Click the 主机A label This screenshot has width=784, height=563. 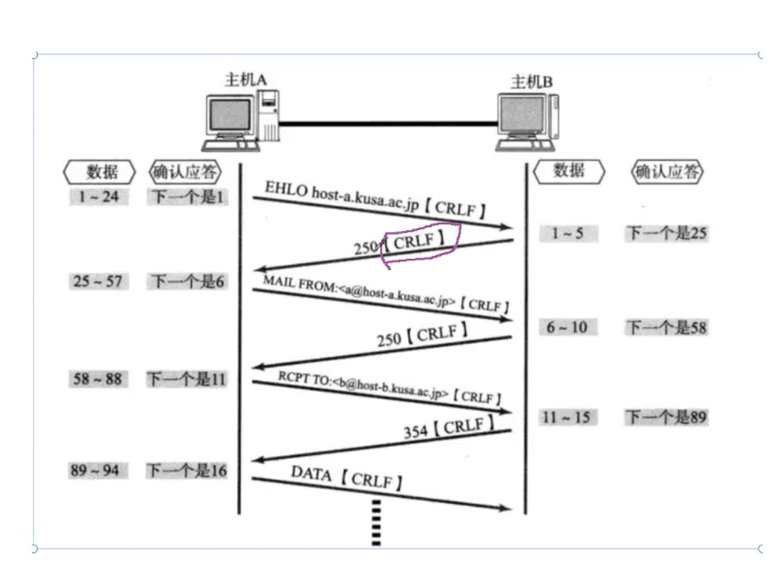pos(245,79)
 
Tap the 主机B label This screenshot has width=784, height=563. pos(531,82)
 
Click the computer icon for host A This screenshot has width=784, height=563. pos(240,120)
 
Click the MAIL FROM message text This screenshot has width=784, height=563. pos(385,293)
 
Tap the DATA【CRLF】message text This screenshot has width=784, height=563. pos(347,477)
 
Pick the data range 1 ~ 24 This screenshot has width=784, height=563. pos(98,196)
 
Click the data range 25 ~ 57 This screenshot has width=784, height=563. pos(97,281)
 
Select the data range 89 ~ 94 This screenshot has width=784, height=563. pos(95,470)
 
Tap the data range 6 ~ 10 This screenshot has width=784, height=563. pos(567,327)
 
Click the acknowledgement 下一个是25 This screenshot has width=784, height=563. pos(666,233)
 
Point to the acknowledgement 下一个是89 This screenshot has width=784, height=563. pos(666,417)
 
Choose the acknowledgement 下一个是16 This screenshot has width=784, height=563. pos(186,470)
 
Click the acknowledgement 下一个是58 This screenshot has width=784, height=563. pos(666,327)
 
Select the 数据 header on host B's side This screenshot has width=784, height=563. pos(569,171)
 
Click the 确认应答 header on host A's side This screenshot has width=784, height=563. pos(185,172)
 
